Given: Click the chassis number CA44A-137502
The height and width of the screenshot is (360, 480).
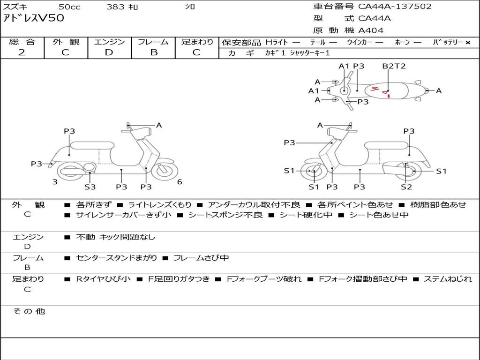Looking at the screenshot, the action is click(395, 6).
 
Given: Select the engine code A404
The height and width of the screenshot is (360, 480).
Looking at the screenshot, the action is click(370, 30).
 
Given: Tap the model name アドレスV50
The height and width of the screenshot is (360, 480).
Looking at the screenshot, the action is click(33, 18).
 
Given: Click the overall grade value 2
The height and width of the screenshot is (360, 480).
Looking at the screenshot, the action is click(22, 52).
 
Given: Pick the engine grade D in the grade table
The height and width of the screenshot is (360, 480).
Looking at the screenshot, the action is click(109, 52).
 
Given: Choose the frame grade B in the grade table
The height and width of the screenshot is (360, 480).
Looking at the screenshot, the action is click(154, 52).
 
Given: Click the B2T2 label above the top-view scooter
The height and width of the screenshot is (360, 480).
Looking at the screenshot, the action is click(394, 66).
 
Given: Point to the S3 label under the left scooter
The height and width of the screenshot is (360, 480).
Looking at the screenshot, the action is click(90, 187).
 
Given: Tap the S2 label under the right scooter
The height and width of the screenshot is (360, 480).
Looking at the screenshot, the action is click(406, 187).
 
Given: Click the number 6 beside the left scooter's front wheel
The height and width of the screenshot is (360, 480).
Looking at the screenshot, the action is click(180, 182).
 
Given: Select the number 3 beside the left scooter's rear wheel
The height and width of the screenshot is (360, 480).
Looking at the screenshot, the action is click(55, 182).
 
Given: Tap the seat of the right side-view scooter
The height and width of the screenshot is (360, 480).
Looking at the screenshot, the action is click(387, 146).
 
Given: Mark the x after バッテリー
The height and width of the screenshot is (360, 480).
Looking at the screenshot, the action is click(468, 43).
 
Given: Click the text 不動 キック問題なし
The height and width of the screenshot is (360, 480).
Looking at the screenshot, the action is click(115, 237).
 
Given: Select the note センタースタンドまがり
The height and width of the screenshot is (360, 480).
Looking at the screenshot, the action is click(116, 258).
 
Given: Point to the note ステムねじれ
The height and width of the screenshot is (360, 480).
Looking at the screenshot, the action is click(448, 279).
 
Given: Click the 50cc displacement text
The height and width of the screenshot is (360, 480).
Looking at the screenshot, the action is click(69, 7).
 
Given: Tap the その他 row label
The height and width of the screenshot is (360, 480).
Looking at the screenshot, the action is click(29, 311).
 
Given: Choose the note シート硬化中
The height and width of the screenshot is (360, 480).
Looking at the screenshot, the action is click(306, 215).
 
